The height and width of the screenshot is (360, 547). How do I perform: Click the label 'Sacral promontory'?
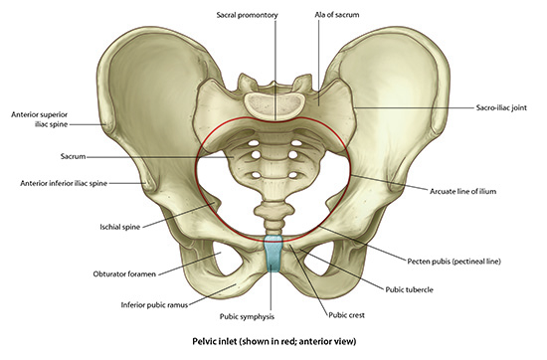(x=247, y=15)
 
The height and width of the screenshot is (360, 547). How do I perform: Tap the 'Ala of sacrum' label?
(x=336, y=15)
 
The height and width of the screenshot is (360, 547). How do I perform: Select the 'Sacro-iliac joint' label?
(x=501, y=107)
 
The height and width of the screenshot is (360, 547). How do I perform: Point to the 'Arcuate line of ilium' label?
(x=462, y=191)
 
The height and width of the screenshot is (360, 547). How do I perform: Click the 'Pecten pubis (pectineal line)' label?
(x=454, y=261)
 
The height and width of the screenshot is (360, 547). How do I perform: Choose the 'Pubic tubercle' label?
(x=409, y=289)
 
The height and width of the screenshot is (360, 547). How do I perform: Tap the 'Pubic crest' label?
(x=346, y=315)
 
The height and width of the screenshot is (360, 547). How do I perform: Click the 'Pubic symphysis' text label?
(x=247, y=316)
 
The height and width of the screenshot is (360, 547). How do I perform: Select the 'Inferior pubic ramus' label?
(x=154, y=305)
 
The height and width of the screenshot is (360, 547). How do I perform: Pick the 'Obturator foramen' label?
(x=124, y=273)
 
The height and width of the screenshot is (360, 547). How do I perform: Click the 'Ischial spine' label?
(x=119, y=227)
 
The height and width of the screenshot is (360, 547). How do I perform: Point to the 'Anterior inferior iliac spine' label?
(x=64, y=183)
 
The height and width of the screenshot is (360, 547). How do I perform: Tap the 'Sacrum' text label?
(x=73, y=156)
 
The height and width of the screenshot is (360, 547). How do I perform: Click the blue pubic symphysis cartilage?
(x=273, y=254)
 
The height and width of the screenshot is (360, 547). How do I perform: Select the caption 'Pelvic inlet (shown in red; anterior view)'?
(x=274, y=341)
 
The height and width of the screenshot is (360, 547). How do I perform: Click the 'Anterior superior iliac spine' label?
(x=39, y=119)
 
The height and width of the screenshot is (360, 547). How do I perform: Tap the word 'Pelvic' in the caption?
(x=203, y=341)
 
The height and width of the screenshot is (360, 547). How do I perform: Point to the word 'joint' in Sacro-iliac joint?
(x=519, y=107)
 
